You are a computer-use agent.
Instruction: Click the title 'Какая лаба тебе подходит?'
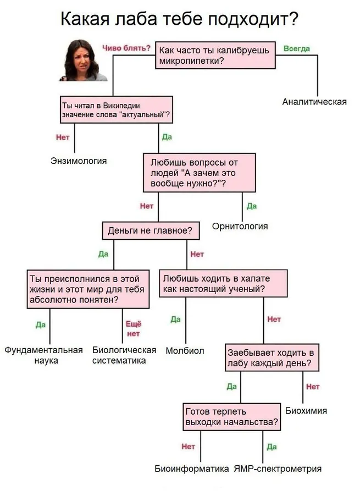[179, 19]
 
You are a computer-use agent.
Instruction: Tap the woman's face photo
[83, 60]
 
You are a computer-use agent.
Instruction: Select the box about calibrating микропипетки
[215, 55]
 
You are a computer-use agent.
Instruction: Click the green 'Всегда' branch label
[297, 48]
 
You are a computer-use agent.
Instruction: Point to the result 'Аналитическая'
[314, 102]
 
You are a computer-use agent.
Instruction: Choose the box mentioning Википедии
[117, 109]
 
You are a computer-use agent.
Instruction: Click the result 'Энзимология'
[79, 161]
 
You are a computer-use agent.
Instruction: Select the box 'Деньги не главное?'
[151, 230]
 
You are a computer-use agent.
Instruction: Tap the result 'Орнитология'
[240, 226]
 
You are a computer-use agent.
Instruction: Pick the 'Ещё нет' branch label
[134, 329]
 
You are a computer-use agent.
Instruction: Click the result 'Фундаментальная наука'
[43, 355]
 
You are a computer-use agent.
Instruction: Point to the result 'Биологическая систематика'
[124, 355]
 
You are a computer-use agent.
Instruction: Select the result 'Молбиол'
[185, 350]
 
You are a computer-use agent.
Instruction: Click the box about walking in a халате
[223, 283]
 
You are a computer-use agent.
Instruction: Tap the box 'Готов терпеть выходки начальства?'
[231, 417]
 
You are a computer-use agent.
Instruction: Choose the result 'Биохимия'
[306, 410]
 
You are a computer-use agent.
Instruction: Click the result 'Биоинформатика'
[191, 469]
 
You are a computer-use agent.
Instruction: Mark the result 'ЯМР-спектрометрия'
[278, 469]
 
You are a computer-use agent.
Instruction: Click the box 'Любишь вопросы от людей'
[200, 173]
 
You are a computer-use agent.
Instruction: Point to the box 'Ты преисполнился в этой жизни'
[88, 289]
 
